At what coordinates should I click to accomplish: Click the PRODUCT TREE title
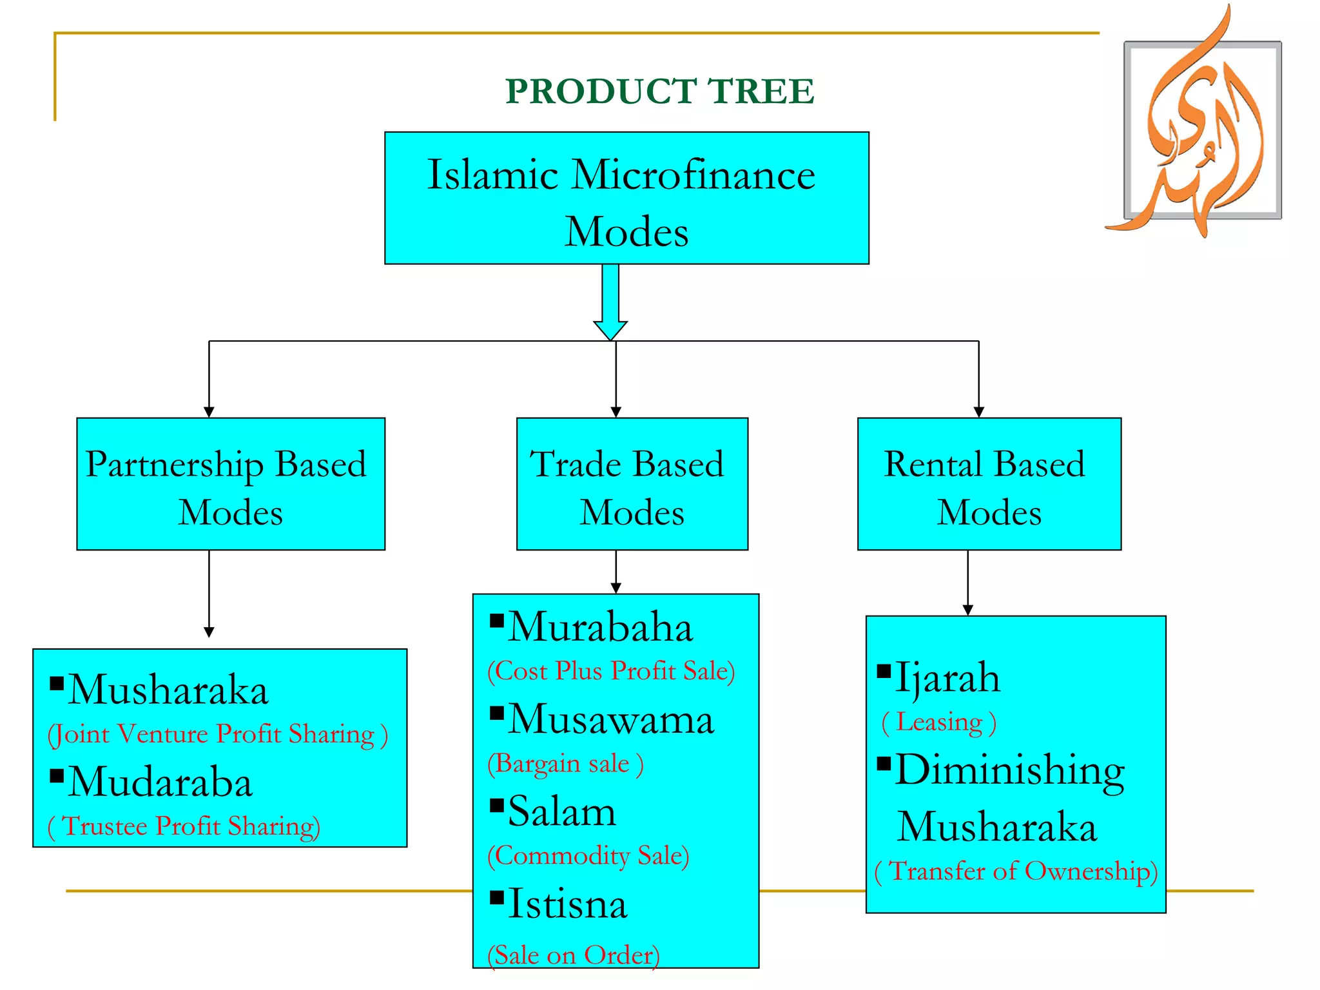tap(659, 91)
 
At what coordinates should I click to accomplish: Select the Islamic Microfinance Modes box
tap(626, 199)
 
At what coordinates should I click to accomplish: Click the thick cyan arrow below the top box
tap(610, 300)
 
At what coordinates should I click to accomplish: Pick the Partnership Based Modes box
tap(230, 484)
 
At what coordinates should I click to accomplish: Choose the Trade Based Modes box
tap(632, 484)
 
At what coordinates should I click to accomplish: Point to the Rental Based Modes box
tap(989, 484)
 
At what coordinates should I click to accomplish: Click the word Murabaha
tap(600, 627)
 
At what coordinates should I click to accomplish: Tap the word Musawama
tap(610, 719)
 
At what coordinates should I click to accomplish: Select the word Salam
tap(561, 811)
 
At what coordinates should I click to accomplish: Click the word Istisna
tap(567, 904)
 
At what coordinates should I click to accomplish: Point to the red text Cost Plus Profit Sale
tap(611, 671)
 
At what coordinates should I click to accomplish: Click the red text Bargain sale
tap(565, 764)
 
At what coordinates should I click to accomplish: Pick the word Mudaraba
tap(160, 782)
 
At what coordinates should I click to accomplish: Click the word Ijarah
tap(947, 678)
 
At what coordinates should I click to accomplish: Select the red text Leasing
tap(938, 723)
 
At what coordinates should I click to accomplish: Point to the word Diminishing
tap(1010, 771)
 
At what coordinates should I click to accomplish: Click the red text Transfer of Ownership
tap(1016, 871)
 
